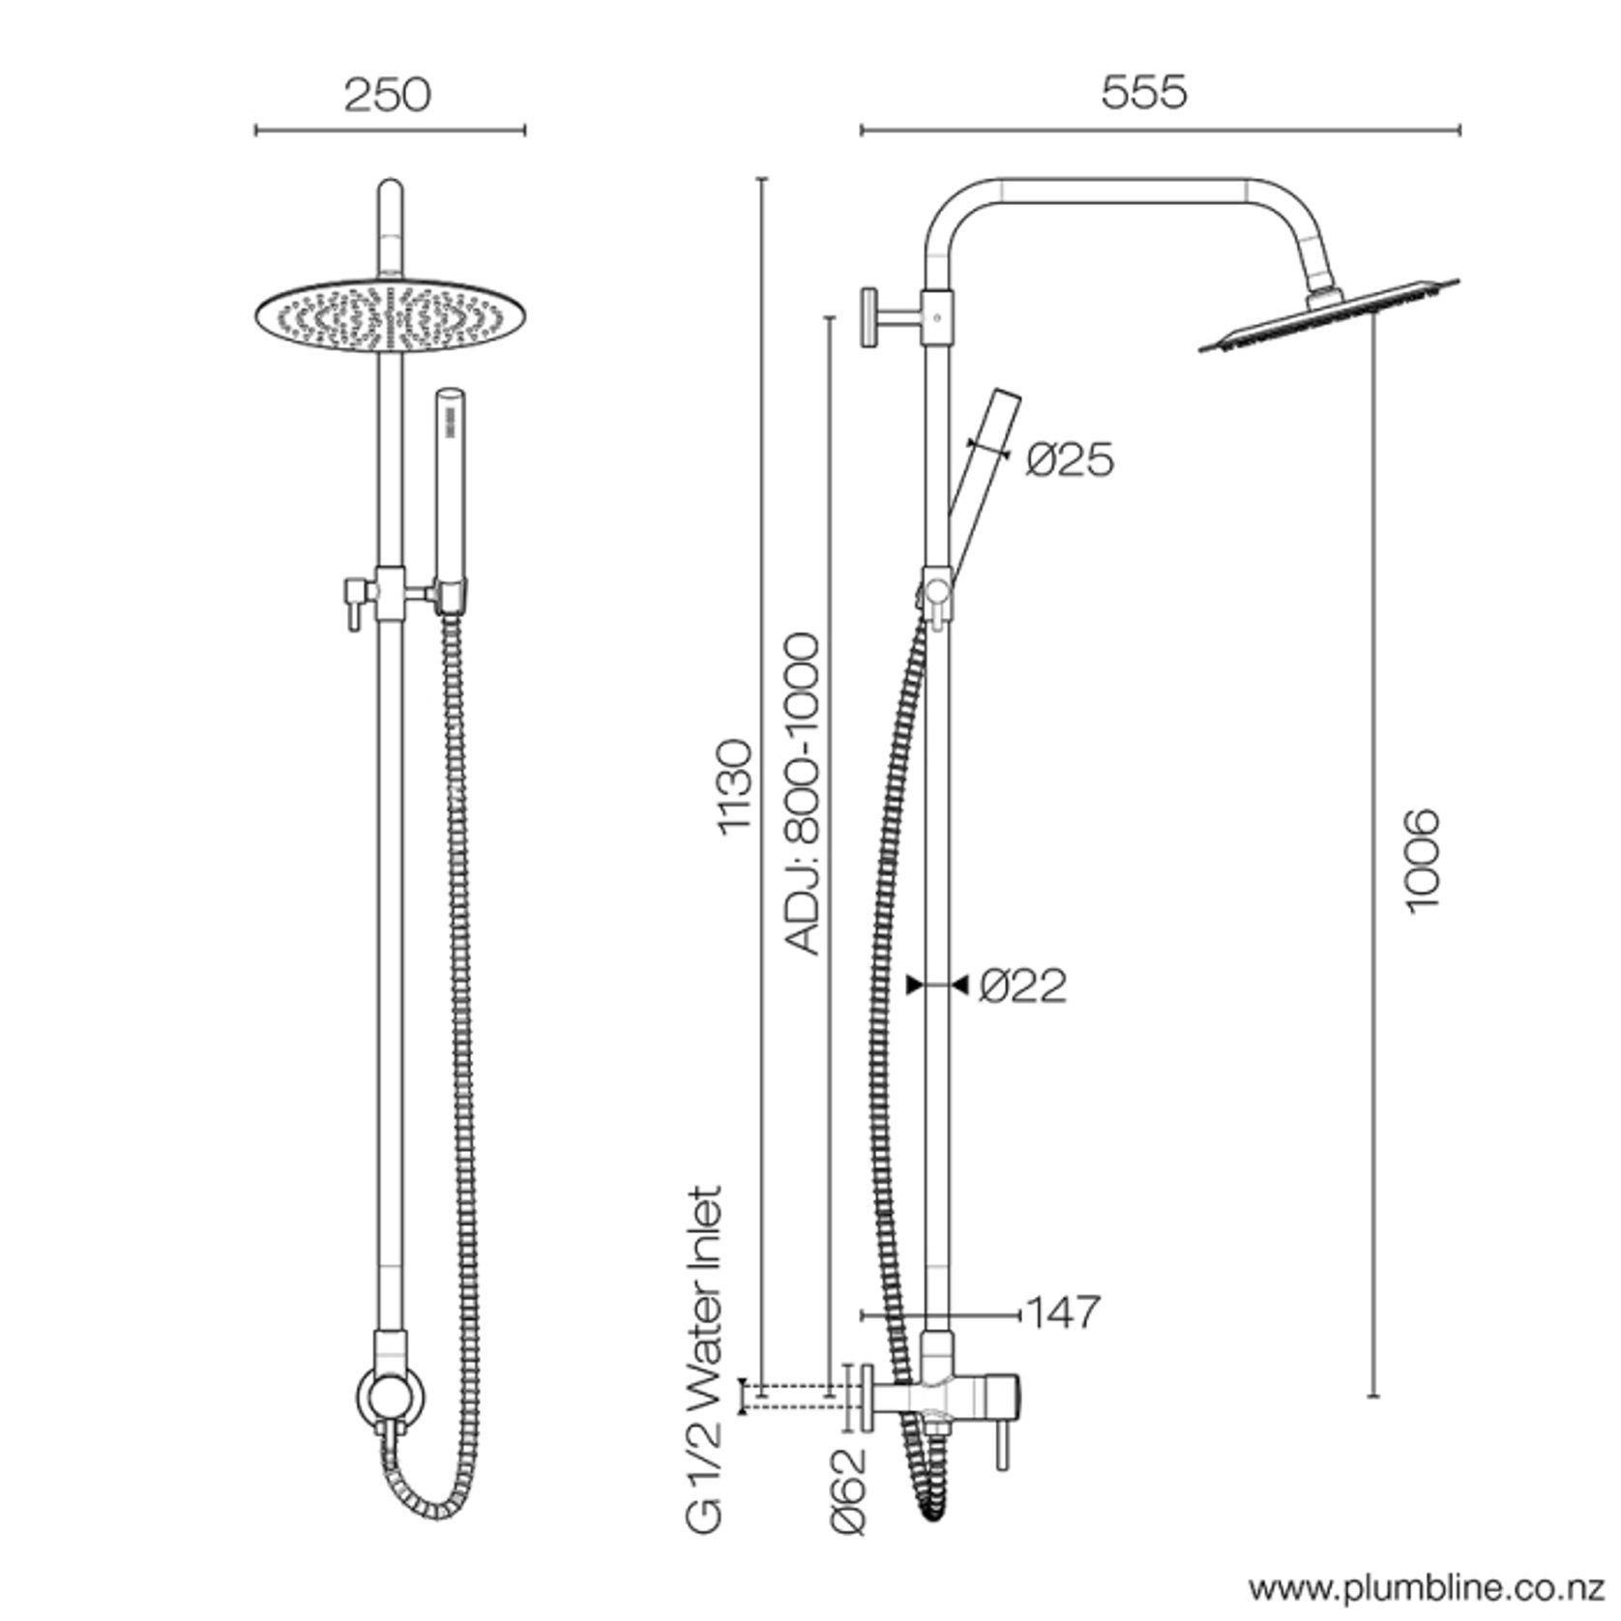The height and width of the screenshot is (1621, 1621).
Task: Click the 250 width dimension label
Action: (387, 95)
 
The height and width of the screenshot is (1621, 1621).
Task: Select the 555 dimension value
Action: (1143, 92)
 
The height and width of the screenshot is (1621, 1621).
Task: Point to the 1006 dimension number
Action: (1422, 860)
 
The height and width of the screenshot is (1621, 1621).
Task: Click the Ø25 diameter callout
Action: (1070, 458)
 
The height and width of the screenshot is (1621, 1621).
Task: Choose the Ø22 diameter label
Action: (1022, 986)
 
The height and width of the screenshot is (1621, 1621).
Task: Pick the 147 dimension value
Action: (1063, 1312)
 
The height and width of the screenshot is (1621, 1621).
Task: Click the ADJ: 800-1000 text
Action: (802, 794)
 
